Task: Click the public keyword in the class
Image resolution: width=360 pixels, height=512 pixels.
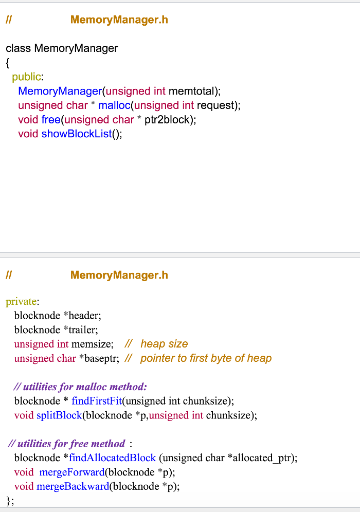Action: [26, 77]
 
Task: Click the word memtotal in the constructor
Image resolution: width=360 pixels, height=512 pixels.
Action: [191, 91]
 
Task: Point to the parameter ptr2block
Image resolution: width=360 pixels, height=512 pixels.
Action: [167, 120]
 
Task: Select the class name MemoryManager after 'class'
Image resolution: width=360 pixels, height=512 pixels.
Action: [76, 48]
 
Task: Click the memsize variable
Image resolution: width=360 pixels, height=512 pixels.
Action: [92, 344]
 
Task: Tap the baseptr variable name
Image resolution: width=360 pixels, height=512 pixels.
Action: [99, 358]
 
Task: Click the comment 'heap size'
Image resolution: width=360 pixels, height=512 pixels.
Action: [164, 344]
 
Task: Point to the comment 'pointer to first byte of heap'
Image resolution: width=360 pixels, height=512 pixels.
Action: [206, 358]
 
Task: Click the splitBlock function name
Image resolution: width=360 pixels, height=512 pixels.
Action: [59, 415]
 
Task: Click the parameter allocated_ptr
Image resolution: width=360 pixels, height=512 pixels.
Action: [262, 458]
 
